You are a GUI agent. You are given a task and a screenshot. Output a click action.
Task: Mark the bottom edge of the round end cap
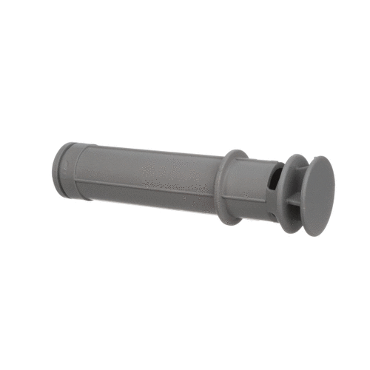[x=317, y=234]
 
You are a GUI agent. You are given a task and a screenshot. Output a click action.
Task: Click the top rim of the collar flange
[x=234, y=152]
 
